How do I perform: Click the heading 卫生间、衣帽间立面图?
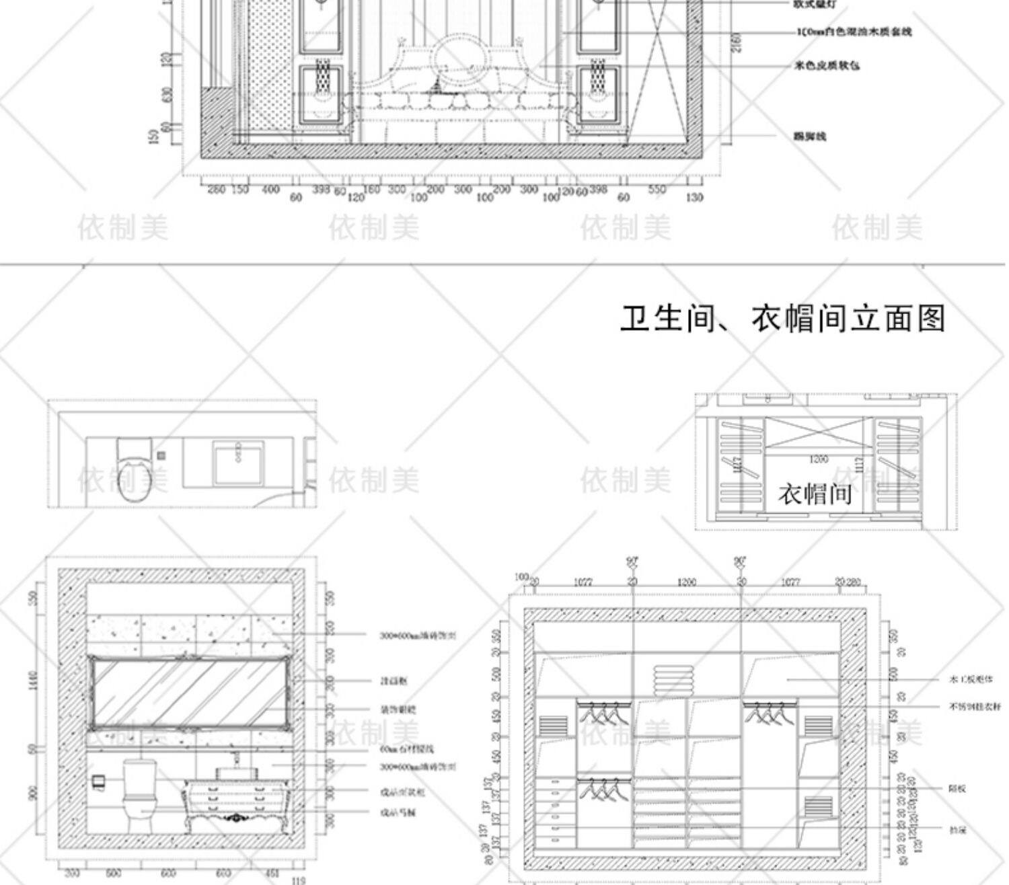click(782, 319)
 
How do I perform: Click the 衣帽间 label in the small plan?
click(815, 494)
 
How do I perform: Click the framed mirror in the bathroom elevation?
click(190, 693)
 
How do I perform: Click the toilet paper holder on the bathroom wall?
click(99, 781)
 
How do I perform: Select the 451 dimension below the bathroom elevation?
click(272, 874)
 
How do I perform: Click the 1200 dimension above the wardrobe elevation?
click(686, 582)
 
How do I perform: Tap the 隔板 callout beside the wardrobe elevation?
click(958, 789)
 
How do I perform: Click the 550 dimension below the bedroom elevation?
click(657, 190)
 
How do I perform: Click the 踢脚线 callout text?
click(810, 137)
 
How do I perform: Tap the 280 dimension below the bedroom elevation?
click(216, 190)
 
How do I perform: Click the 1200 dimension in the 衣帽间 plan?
click(819, 459)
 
